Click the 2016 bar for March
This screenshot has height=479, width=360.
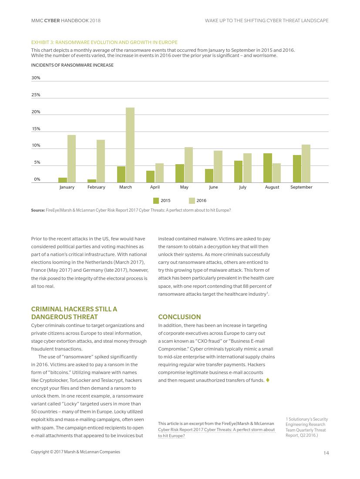tap(130, 145)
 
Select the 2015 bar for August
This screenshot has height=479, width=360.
tap(267, 168)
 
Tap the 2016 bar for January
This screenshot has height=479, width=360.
tap(71, 159)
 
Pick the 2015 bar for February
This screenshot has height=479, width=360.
tap(92, 181)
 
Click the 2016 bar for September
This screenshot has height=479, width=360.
tap(306, 164)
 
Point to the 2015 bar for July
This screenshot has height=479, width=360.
tap(238, 172)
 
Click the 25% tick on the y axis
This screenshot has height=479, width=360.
tap(36, 95)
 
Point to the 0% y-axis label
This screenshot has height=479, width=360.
tap(37, 179)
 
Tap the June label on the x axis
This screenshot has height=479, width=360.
tap(213, 187)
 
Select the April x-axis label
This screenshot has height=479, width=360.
tap(155, 187)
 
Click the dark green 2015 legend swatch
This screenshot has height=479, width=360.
tap(156, 201)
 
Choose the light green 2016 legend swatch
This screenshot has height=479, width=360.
tap(192, 201)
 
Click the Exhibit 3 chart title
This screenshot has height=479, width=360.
tap(104, 42)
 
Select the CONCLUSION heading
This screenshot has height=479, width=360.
tap(179, 317)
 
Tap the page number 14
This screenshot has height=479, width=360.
tap(326, 453)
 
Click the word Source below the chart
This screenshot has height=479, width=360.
tap(37, 210)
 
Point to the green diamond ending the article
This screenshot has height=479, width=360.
tap(268, 380)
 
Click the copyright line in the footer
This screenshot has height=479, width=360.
tap(75, 452)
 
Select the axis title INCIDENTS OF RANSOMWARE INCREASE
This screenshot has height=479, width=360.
tap(72, 65)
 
